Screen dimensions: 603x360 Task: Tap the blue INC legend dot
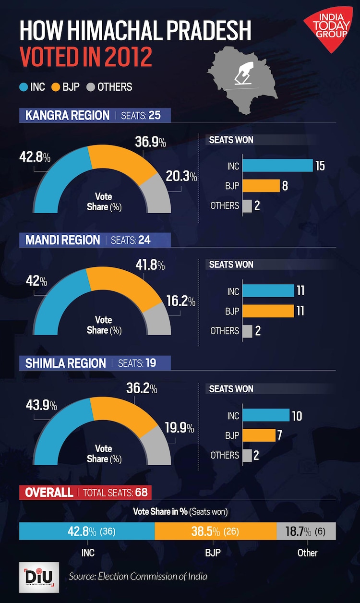[24, 87]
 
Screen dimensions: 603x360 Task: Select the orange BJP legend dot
[56, 87]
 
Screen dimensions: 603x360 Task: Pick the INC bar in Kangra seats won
[277, 166]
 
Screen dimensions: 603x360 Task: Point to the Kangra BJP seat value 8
[285, 186]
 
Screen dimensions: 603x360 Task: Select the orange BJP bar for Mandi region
[268, 311]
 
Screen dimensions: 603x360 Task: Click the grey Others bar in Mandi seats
[247, 331]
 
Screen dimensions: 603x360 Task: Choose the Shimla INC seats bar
[265, 415]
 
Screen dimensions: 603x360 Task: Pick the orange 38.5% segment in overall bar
[215, 531]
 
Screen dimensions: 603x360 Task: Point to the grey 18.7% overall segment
[306, 531]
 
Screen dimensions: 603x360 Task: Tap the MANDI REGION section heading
[62, 240]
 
